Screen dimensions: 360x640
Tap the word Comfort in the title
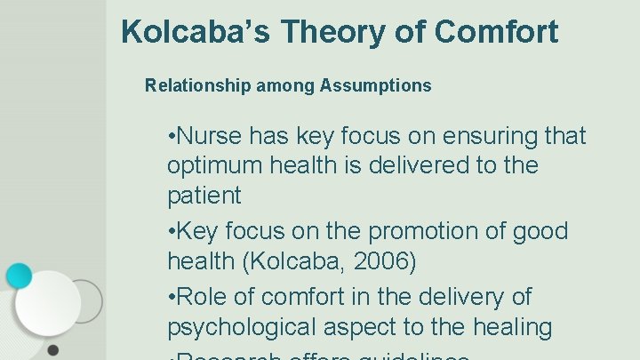pos(497,33)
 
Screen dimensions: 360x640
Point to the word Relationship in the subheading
pos(198,86)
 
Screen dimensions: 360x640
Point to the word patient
pos(204,196)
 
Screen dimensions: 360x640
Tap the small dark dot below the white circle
pos(53,349)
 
